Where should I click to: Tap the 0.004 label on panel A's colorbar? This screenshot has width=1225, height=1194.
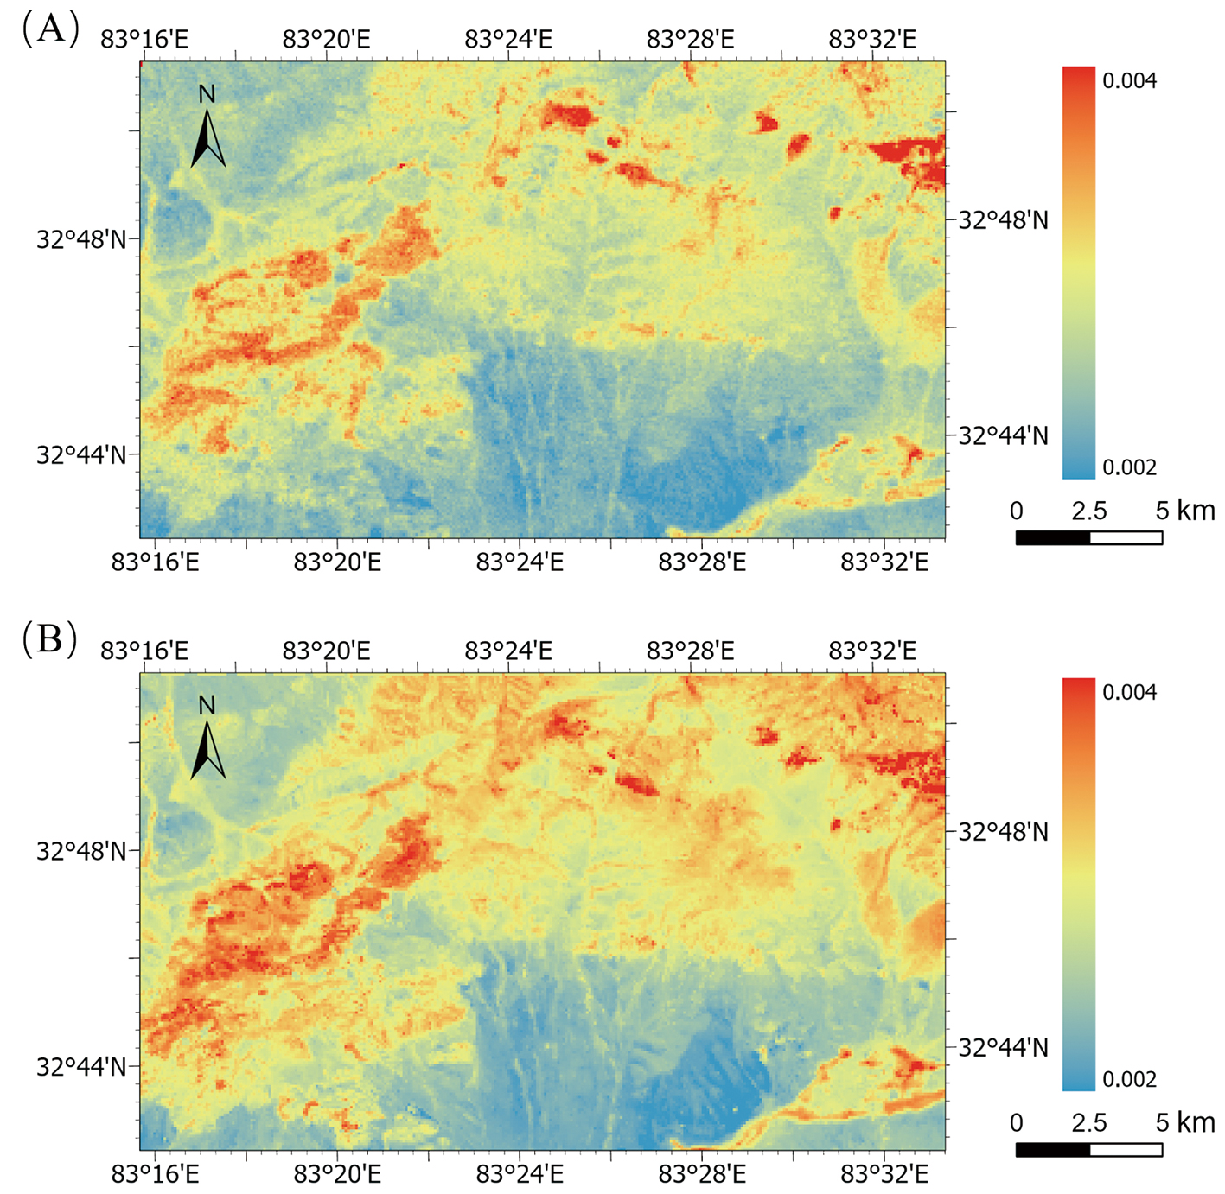[1129, 81]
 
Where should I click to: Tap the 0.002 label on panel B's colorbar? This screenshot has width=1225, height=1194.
[1129, 1079]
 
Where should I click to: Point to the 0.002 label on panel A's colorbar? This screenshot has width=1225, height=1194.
[1129, 467]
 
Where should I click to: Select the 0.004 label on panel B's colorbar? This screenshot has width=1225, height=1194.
[1129, 693]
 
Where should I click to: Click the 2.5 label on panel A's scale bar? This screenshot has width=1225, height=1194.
[1088, 511]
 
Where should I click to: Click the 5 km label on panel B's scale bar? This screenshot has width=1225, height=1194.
[1184, 1122]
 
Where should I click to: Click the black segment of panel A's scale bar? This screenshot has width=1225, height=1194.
[1052, 537]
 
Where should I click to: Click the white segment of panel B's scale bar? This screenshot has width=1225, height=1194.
[1126, 1149]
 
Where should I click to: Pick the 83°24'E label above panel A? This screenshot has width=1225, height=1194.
[508, 40]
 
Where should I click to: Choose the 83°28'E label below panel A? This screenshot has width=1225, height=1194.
[702, 562]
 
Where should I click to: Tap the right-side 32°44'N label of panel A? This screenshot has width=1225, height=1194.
[1003, 435]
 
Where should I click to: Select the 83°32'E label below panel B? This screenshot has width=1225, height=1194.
[884, 1174]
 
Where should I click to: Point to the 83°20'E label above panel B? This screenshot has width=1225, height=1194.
[326, 651]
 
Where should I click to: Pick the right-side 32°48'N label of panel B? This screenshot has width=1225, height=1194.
[1003, 832]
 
